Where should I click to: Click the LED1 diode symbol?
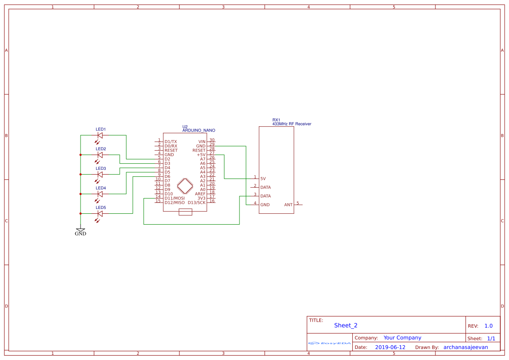[100, 135]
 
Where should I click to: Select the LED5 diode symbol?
[100, 214]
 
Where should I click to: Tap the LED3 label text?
[101, 168]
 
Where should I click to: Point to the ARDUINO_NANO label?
[199, 130]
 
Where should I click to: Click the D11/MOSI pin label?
[175, 198]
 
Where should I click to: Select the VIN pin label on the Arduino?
[202, 141]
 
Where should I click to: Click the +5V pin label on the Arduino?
[201, 155]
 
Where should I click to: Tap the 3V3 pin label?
[201, 198]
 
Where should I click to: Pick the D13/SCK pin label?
[196, 202]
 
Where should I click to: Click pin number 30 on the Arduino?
[212, 140]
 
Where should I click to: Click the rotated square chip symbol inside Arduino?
[185, 186]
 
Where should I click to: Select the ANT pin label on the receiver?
[288, 205]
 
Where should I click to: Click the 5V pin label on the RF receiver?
[263, 178]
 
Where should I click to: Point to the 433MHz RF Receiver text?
[292, 124]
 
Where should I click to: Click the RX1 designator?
[276, 120]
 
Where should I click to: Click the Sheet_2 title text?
[346, 325]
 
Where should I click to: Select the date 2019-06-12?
[390, 347]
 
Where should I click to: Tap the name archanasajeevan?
[465, 347]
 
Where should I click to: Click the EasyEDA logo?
[329, 343]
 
